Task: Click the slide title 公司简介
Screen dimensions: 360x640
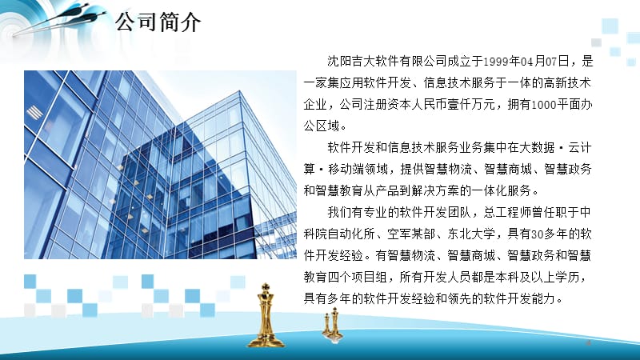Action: [158, 21]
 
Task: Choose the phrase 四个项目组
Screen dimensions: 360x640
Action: [349, 278]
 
